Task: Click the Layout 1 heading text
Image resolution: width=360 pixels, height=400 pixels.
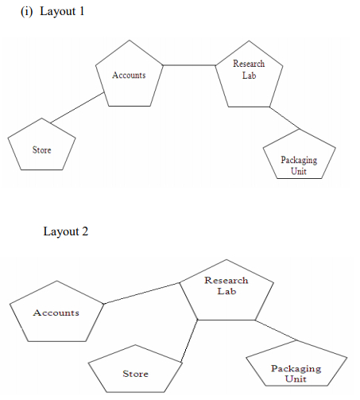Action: pyautogui.click(x=62, y=12)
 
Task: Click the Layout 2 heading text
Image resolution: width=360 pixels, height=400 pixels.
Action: pyautogui.click(x=66, y=231)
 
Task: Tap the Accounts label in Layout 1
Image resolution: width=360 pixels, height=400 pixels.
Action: pyautogui.click(x=129, y=75)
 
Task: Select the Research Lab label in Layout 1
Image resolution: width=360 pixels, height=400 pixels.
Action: pyautogui.click(x=249, y=69)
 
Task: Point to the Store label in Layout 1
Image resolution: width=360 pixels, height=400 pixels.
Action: pyautogui.click(x=42, y=150)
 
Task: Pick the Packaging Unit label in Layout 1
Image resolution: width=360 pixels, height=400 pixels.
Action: pyautogui.click(x=299, y=165)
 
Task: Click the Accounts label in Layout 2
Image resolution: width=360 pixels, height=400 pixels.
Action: pyautogui.click(x=56, y=313)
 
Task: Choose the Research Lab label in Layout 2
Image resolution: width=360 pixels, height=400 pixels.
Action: pyautogui.click(x=226, y=285)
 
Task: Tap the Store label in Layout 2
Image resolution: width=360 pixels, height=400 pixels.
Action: pyautogui.click(x=135, y=374)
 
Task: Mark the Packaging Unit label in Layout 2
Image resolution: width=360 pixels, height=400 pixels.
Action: pyautogui.click(x=296, y=374)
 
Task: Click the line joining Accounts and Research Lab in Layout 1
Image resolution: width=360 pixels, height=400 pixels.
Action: pyautogui.click(x=189, y=65)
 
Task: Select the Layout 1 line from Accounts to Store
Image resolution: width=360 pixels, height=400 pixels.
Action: pyautogui.click(x=77, y=108)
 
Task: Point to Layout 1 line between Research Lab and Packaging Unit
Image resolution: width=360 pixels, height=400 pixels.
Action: pyautogui.click(x=285, y=118)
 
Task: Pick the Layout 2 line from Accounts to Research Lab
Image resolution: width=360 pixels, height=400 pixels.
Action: pyautogui.click(x=141, y=293)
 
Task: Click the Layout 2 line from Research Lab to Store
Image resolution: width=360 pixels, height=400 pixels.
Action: pyautogui.click(x=189, y=341)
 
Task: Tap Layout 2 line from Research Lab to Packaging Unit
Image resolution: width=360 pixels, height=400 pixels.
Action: pyautogui.click(x=277, y=330)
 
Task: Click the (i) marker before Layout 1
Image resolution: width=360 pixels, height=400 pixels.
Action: pyautogui.click(x=26, y=12)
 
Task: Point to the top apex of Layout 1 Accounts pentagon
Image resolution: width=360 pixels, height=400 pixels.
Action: pyautogui.click(x=130, y=41)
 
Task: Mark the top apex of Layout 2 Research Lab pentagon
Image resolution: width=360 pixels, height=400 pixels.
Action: pyautogui.click(x=226, y=259)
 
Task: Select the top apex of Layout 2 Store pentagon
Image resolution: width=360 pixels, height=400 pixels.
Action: pyautogui.click(x=135, y=345)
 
